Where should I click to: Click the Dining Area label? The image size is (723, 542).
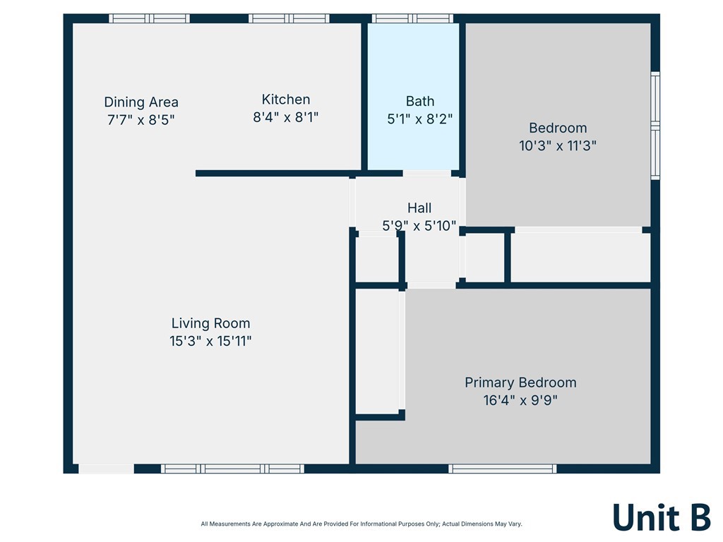[x=141, y=102]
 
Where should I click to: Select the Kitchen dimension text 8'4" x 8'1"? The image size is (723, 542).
[x=286, y=117]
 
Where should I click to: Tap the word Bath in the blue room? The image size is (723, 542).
[x=420, y=101]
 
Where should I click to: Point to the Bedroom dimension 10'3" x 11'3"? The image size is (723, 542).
[x=558, y=145]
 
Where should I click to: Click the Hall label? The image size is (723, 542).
[x=419, y=208]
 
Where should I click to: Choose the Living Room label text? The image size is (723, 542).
[x=210, y=323]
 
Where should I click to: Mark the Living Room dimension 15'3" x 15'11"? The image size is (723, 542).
[x=210, y=341]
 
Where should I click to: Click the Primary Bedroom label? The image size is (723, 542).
[x=520, y=383]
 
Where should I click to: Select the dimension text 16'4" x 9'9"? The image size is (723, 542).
[x=520, y=400]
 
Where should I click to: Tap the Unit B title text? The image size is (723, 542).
[x=662, y=517]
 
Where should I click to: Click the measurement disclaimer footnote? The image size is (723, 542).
[x=361, y=524]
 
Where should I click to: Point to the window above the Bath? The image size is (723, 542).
[x=412, y=18]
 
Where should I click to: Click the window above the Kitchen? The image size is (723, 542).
[x=289, y=18]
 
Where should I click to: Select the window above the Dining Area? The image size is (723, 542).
[x=149, y=18]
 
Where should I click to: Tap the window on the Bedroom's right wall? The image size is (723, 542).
[x=655, y=126]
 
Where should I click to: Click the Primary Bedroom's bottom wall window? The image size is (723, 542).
[x=503, y=469]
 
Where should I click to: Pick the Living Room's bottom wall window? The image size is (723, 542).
[x=232, y=469]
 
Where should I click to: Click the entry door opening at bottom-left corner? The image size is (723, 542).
[x=106, y=469]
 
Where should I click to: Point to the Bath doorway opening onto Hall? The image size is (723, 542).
[x=427, y=174]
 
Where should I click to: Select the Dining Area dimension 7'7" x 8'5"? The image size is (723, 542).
[x=141, y=120]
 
